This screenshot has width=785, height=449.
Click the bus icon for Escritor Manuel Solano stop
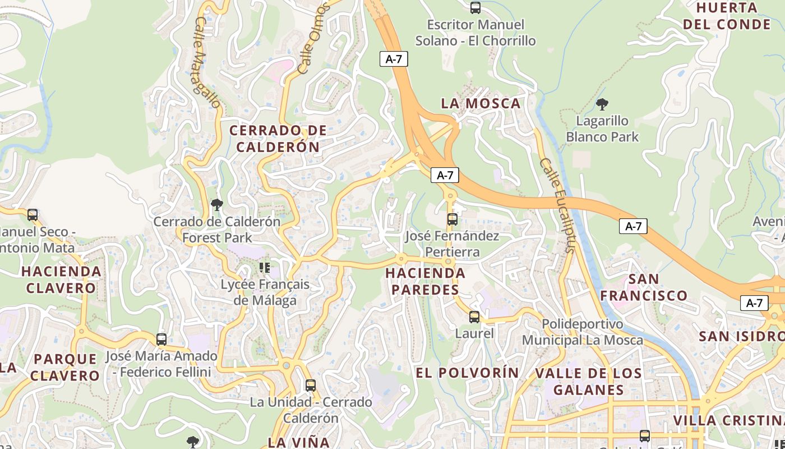(x=475, y=8)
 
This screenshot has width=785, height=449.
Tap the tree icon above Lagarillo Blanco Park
(x=602, y=104)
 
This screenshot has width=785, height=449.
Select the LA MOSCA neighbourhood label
(x=481, y=103)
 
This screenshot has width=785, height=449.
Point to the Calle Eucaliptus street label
(x=558, y=205)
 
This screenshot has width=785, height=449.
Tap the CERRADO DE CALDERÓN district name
(x=278, y=139)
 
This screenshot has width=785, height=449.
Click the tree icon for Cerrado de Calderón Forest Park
(x=217, y=205)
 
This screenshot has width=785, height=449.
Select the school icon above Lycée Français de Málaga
(x=265, y=267)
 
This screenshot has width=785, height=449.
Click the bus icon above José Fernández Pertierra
(x=452, y=219)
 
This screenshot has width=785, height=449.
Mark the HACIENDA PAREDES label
(x=425, y=281)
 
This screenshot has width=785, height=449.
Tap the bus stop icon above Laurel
(x=474, y=317)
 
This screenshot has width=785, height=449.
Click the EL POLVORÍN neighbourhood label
(x=468, y=373)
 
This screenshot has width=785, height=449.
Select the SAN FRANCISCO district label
(x=644, y=287)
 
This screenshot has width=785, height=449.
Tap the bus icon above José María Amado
(x=161, y=340)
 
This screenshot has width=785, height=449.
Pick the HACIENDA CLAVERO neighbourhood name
(x=61, y=280)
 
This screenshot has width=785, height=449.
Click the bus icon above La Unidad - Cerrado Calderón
(x=310, y=386)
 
